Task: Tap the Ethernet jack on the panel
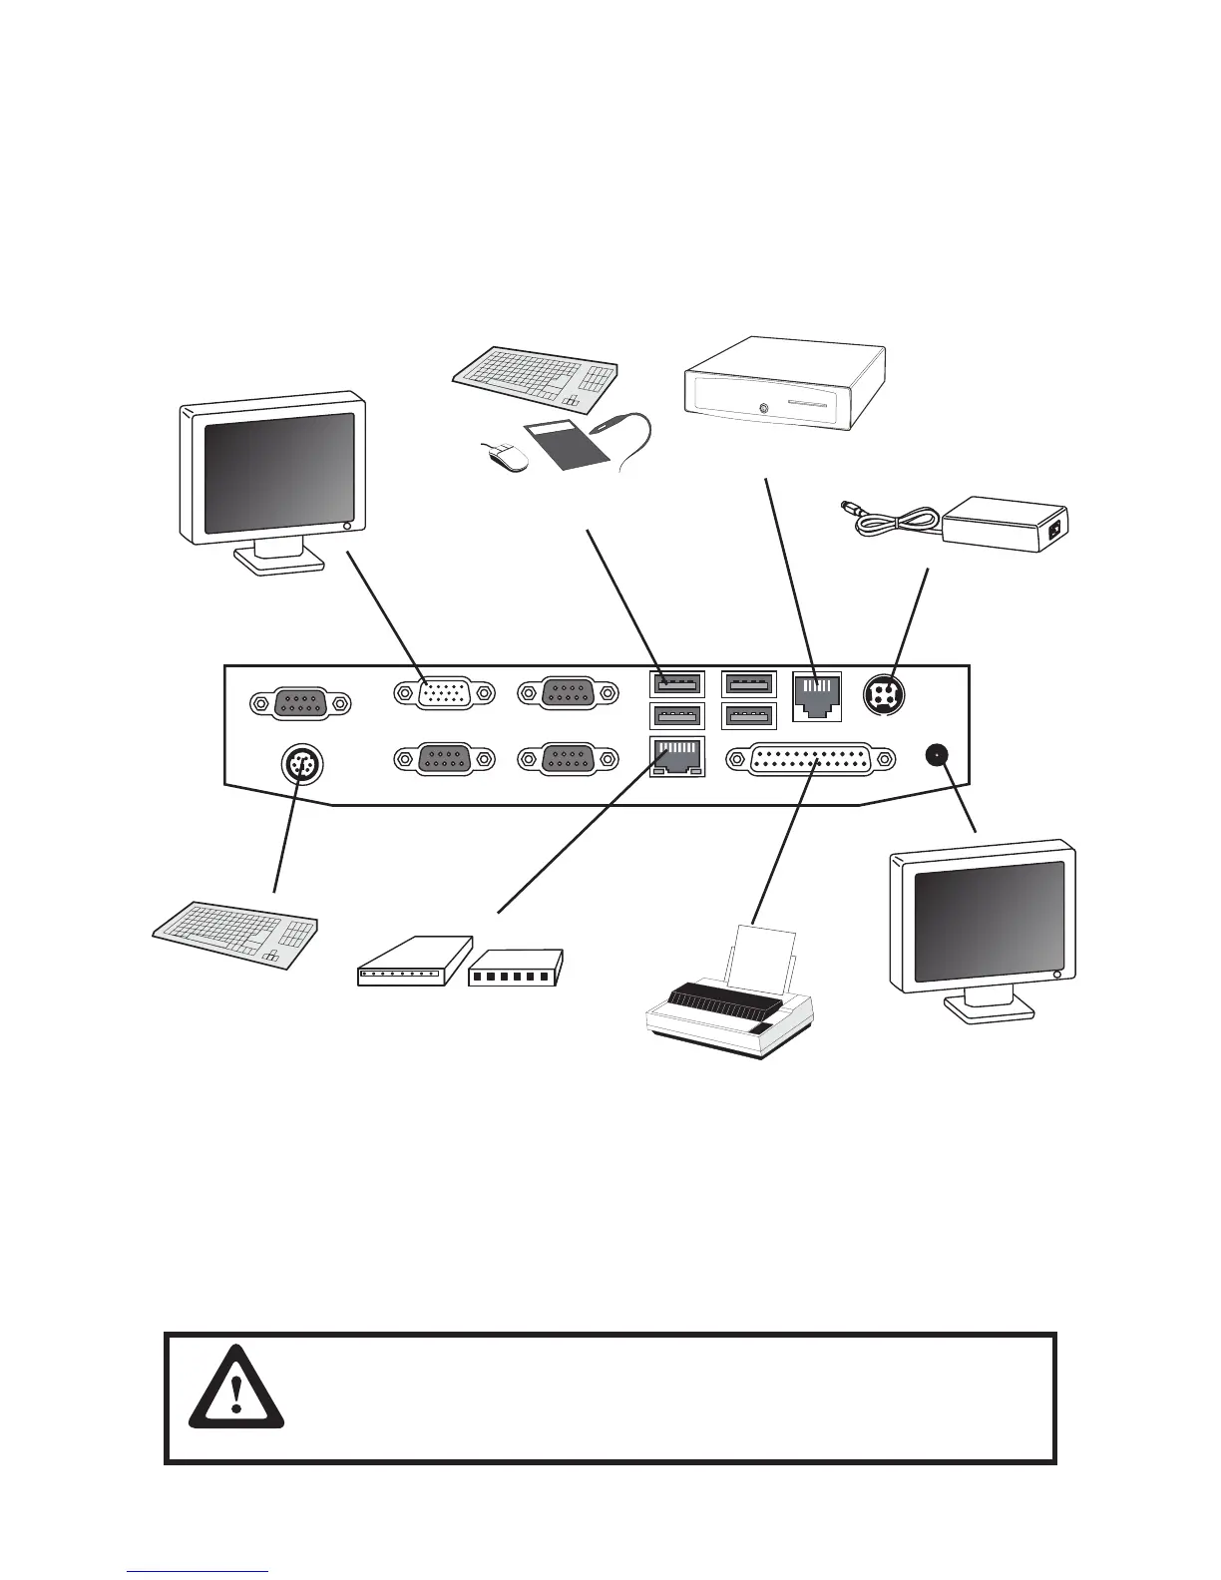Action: [675, 757]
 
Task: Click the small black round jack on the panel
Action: [936, 755]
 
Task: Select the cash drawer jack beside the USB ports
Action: [816, 694]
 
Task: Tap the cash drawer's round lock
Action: [763, 407]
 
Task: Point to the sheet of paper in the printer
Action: [763, 959]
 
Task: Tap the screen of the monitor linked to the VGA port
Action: [279, 472]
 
